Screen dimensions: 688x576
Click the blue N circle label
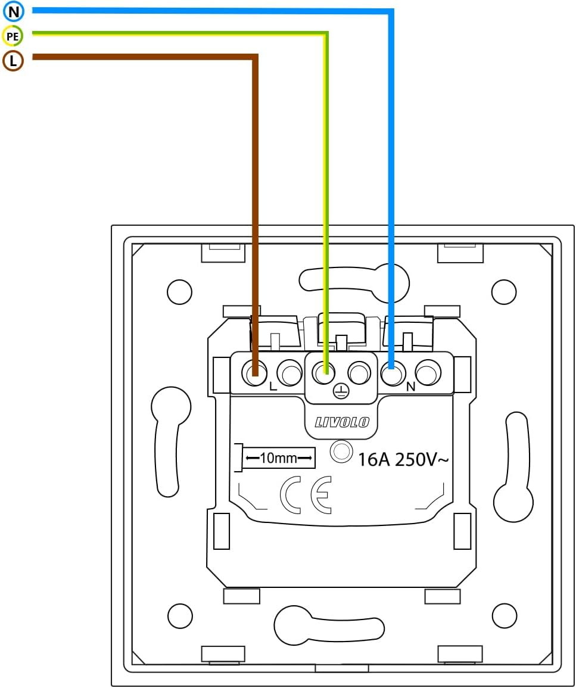13,11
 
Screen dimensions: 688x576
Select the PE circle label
13,36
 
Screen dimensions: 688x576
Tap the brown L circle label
13,61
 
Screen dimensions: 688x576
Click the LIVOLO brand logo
342,422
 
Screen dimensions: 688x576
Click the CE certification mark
306,494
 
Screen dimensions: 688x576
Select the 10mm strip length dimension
278,457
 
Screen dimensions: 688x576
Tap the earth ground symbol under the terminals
340,391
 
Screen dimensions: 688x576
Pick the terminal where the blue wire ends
391,374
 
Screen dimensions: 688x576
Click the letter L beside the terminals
273,386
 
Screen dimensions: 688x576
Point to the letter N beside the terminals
410,387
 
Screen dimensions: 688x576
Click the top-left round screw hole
179,291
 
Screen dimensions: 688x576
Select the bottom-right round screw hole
505,615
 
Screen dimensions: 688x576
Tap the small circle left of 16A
341,452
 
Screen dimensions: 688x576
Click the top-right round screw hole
503,291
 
